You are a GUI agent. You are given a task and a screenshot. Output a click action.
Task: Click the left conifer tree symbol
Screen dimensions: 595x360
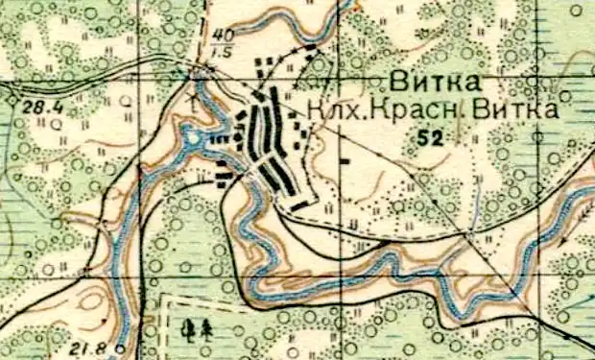(190, 330)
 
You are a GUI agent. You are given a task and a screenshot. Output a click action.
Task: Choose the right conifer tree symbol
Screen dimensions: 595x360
(206, 329)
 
